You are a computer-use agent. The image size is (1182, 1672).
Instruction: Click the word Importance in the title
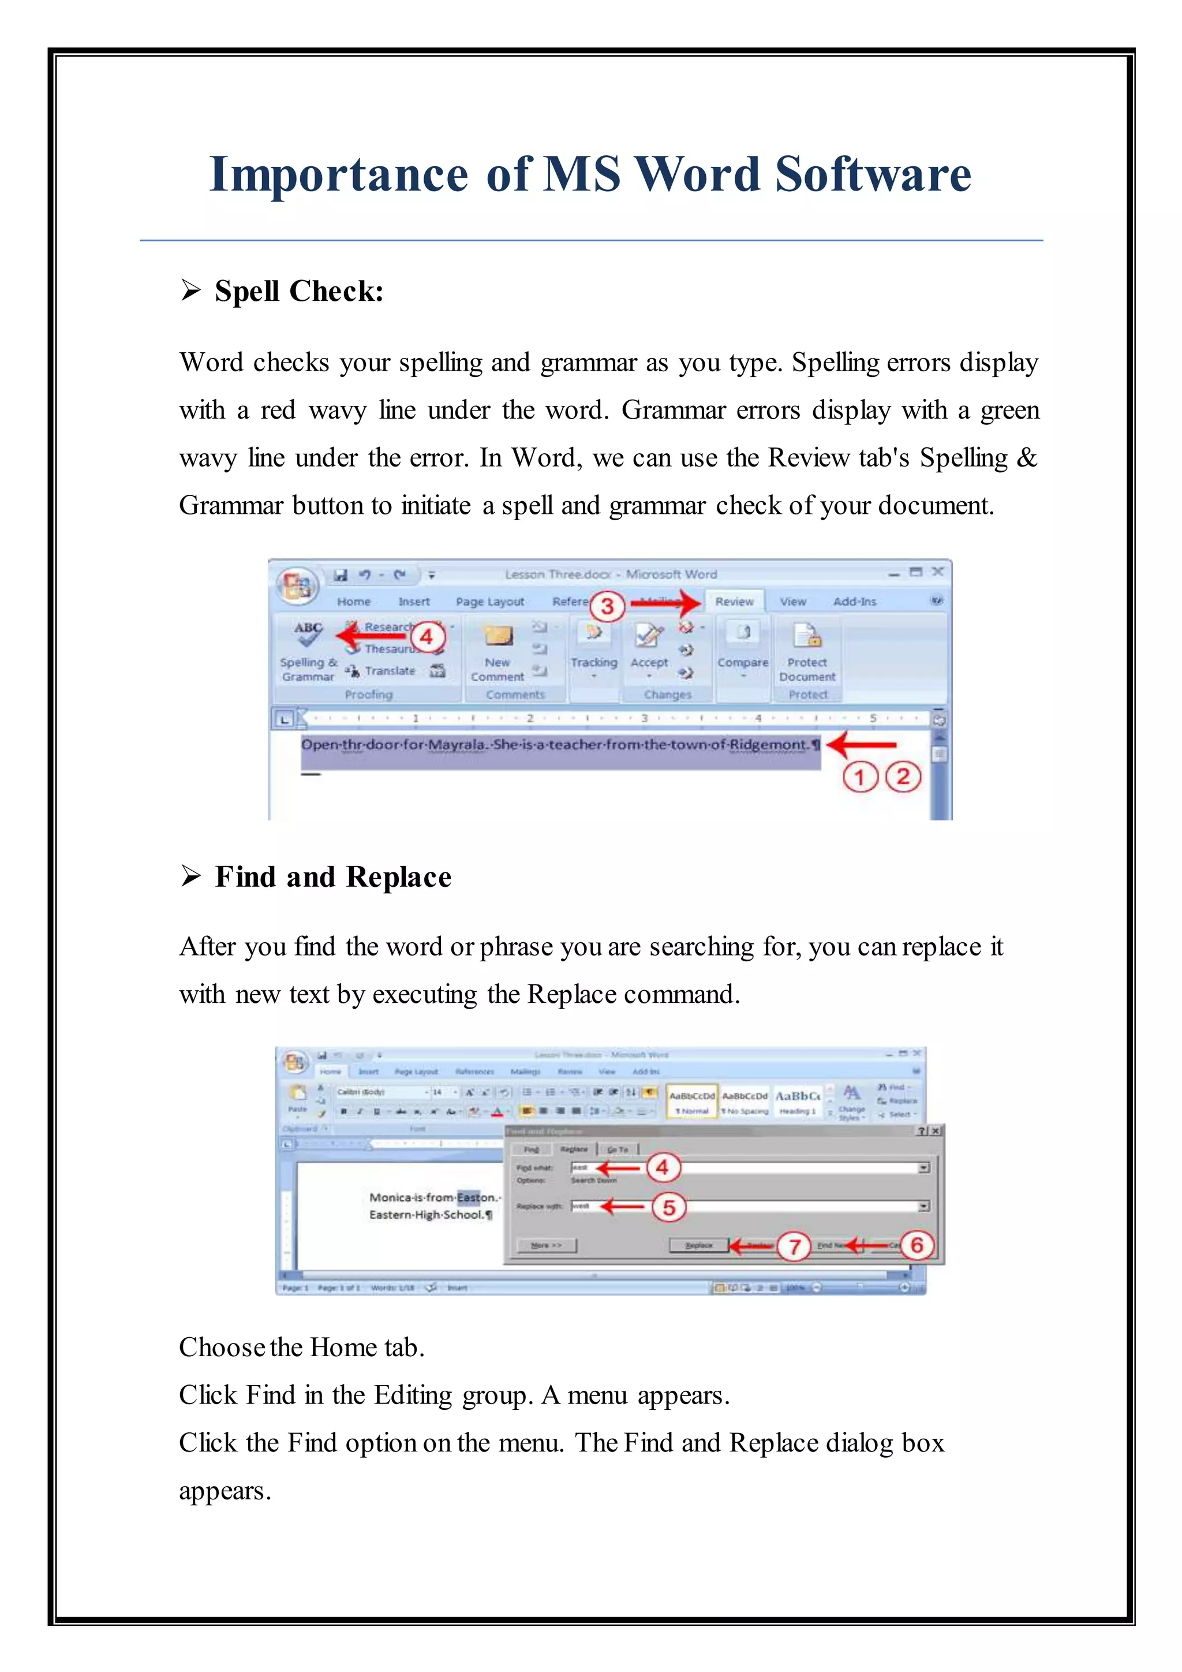(x=338, y=175)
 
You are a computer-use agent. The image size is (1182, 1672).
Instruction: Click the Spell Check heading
(x=298, y=292)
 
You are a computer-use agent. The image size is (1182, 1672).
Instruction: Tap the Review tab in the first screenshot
(x=734, y=602)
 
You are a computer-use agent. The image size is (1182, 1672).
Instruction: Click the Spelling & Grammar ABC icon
(x=308, y=633)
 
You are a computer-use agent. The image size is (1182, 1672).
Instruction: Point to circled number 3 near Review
(x=607, y=606)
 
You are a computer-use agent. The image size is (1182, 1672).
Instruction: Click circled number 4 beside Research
(x=427, y=637)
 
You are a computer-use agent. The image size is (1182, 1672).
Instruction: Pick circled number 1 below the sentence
(x=859, y=777)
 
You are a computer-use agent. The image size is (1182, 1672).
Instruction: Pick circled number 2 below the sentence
(x=903, y=777)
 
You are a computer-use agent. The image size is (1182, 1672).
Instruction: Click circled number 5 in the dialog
(x=669, y=1207)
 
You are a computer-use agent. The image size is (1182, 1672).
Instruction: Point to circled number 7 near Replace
(x=794, y=1246)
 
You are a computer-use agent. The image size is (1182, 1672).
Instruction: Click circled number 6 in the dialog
(x=917, y=1245)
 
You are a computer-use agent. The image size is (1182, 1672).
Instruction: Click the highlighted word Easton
(x=476, y=1197)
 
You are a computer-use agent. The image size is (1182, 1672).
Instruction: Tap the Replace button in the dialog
(x=699, y=1245)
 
